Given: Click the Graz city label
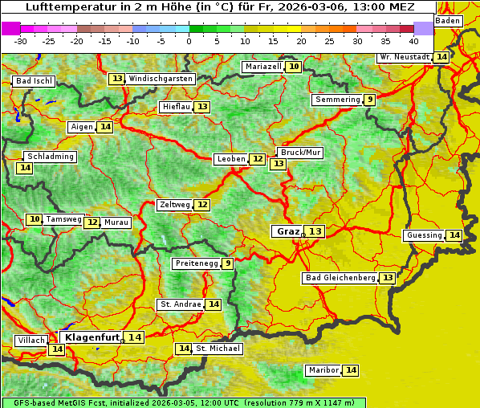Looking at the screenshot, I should tap(287, 231).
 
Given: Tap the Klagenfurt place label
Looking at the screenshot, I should tap(92, 337).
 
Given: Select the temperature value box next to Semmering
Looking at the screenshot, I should tap(369, 100).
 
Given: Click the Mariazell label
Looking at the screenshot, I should tap(262, 67).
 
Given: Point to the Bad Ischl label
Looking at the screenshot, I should tap(34, 81).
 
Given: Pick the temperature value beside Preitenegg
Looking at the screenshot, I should tap(228, 263).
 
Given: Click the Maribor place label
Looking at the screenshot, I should tap(322, 370).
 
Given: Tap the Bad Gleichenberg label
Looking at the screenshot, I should tap(340, 278).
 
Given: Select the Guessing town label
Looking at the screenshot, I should tap(424, 235).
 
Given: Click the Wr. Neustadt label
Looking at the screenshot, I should tap(404, 58).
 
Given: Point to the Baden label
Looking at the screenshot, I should tap(448, 21).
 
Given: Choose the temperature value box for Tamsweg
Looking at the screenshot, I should tap(34, 219).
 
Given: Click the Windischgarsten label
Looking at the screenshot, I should tap(161, 79).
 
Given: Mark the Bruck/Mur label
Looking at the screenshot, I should tap(299, 153).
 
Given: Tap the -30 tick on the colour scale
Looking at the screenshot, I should tap(21, 40).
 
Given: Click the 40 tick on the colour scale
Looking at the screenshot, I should tap(413, 40).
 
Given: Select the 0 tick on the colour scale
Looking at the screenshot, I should tap(189, 40).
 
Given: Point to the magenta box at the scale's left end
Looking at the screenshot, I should tap(11, 28).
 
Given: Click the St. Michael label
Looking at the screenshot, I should tap(218, 349).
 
